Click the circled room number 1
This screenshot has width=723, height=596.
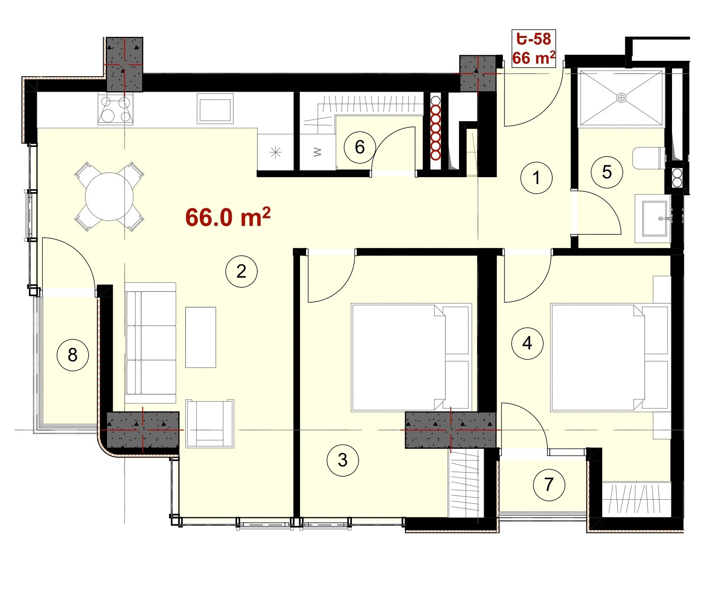(536, 178)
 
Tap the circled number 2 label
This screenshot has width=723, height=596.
(241, 272)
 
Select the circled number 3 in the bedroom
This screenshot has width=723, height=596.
(343, 460)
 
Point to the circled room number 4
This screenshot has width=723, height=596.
(527, 343)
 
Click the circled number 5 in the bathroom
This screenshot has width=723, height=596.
(607, 172)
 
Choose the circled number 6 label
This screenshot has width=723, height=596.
(359, 147)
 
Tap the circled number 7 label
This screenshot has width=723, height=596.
(549, 485)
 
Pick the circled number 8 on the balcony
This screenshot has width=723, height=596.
(72, 355)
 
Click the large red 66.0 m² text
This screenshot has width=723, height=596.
(228, 217)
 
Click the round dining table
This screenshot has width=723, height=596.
(109, 197)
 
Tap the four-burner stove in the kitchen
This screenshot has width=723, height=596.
(115, 109)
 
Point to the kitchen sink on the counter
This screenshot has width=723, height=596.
(215, 109)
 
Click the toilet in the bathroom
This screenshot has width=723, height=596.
(649, 158)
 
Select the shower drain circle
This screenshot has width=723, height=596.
(621, 98)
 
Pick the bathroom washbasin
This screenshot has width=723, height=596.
(653, 219)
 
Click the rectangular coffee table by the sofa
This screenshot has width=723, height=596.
(201, 337)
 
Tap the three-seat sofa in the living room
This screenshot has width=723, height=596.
(150, 343)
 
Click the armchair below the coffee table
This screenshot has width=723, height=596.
(210, 423)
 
